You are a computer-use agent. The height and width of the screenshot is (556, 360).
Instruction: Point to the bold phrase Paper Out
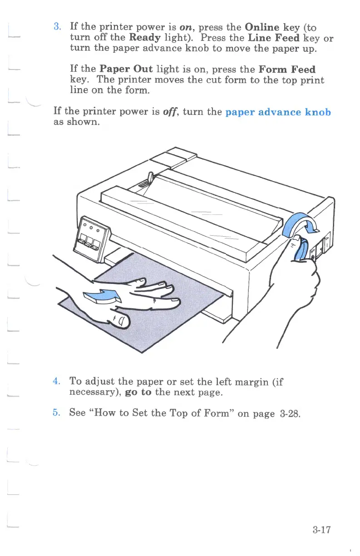(126, 69)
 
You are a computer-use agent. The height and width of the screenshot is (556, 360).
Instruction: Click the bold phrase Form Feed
(286, 69)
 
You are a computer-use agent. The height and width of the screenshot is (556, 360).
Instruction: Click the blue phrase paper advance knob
(278, 112)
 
